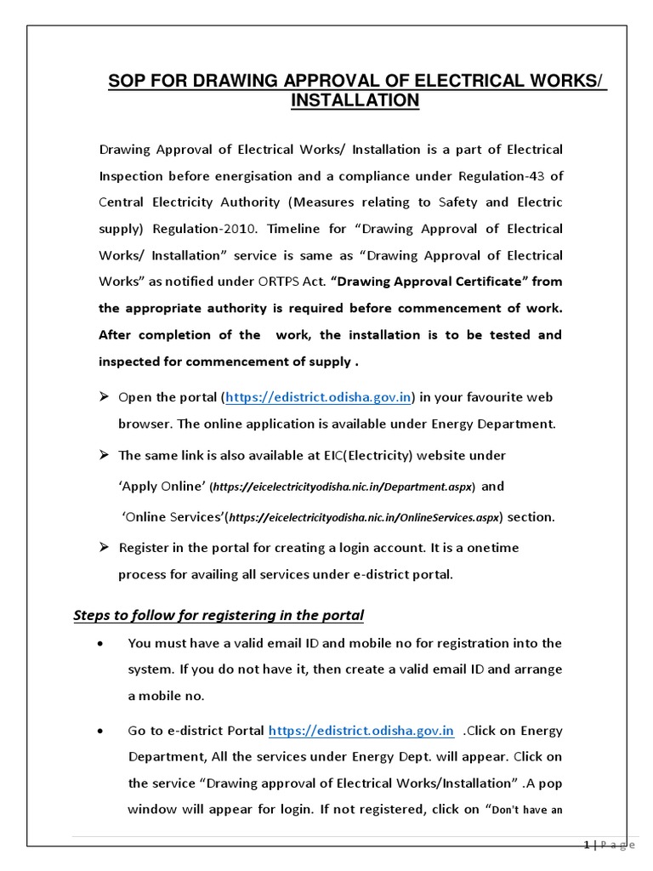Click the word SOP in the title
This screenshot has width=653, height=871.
click(124, 82)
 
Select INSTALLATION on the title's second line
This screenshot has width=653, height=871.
click(355, 100)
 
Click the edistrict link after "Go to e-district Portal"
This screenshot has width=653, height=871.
click(361, 731)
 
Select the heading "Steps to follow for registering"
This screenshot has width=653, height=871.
click(219, 614)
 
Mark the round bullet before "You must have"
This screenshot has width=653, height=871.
click(103, 644)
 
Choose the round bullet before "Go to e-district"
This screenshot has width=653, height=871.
click(103, 732)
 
